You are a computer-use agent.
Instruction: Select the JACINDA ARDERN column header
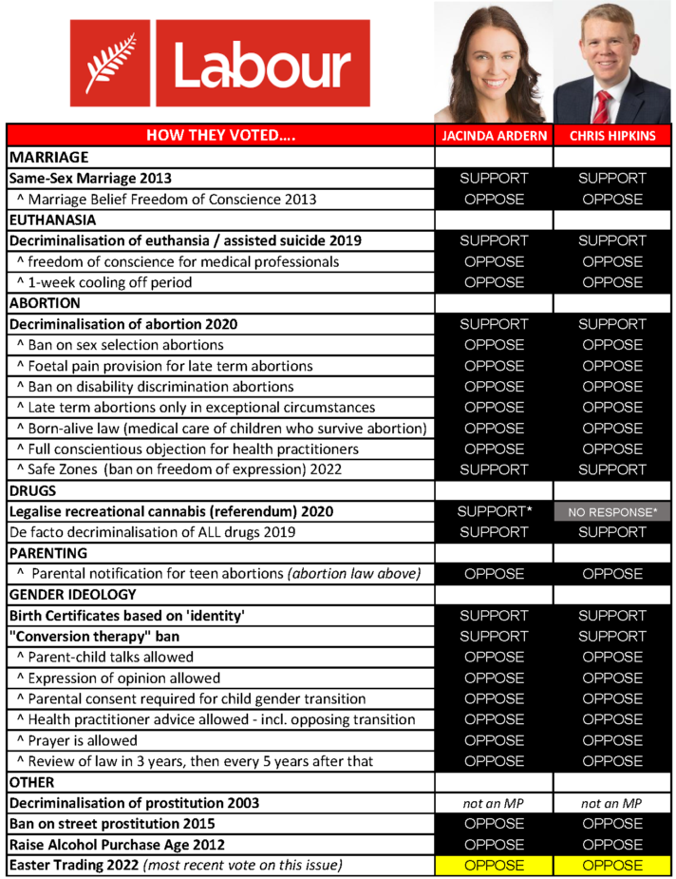(493, 136)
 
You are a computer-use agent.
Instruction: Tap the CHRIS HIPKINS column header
(612, 136)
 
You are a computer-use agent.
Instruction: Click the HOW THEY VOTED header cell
(220, 136)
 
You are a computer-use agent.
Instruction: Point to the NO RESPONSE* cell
(612, 512)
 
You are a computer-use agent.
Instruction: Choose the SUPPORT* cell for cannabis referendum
(493, 512)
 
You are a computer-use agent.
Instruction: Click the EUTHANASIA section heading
(50, 220)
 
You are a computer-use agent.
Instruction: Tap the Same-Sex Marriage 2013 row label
(91, 178)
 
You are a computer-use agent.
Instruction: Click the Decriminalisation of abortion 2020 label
(123, 324)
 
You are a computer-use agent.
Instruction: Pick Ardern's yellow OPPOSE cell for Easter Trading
(493, 866)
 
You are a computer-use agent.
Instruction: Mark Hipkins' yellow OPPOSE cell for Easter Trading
(612, 866)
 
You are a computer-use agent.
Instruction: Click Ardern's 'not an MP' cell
(493, 804)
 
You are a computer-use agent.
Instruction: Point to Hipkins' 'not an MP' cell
(612, 804)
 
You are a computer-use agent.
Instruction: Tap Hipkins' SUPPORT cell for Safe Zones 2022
(612, 469)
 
